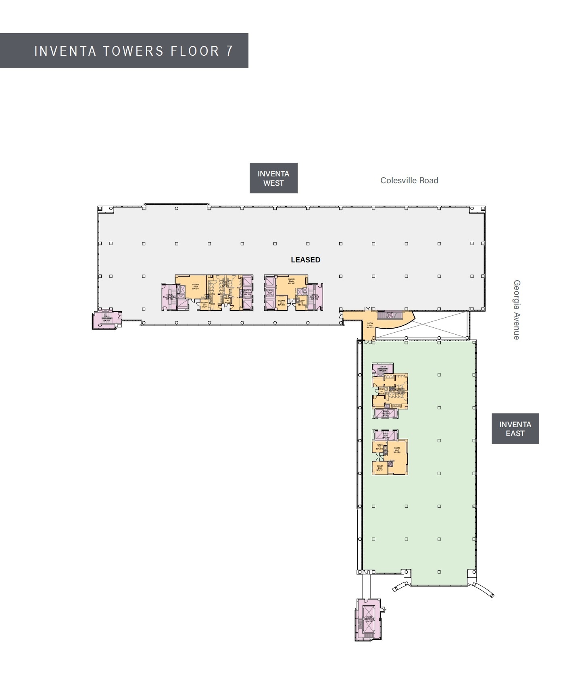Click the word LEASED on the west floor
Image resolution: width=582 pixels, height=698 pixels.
(305, 260)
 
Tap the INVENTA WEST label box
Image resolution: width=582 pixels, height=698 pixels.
(273, 178)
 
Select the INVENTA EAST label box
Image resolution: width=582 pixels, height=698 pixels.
(515, 429)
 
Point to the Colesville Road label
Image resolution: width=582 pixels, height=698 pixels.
(409, 180)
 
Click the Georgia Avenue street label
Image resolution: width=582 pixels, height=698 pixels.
(517, 310)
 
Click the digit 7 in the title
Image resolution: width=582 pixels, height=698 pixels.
(229, 51)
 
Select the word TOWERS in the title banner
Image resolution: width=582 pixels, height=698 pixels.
(133, 51)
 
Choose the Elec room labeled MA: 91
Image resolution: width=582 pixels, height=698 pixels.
(204, 305)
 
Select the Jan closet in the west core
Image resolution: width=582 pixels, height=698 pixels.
(227, 300)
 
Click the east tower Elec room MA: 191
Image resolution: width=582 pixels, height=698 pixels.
(380, 468)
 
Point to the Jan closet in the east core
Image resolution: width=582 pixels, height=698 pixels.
(381, 391)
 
